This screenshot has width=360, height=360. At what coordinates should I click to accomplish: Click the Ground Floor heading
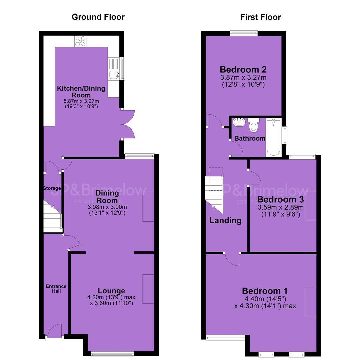click(x=98, y=17)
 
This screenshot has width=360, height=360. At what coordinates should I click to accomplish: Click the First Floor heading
click(x=260, y=17)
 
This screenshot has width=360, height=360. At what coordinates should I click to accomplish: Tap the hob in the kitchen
click(x=80, y=41)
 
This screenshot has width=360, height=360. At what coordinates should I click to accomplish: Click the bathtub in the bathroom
click(x=273, y=138)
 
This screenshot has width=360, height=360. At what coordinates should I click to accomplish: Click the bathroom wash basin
click(x=239, y=122)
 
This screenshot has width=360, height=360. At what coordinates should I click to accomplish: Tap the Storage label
click(x=52, y=188)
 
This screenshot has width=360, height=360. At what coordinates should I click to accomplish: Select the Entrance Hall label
click(x=56, y=289)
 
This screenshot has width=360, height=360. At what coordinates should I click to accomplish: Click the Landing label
click(x=225, y=220)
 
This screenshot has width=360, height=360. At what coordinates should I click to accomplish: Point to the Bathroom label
click(x=250, y=138)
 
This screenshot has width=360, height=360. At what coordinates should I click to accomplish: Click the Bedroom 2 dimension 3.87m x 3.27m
click(x=243, y=77)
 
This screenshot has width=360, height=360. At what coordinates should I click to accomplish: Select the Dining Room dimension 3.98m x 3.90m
click(x=107, y=207)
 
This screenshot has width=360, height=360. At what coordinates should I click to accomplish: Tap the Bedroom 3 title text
click(x=281, y=199)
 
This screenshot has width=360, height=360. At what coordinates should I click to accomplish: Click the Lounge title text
click(x=111, y=291)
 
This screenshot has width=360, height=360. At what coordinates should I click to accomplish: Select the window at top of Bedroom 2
click(x=244, y=34)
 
